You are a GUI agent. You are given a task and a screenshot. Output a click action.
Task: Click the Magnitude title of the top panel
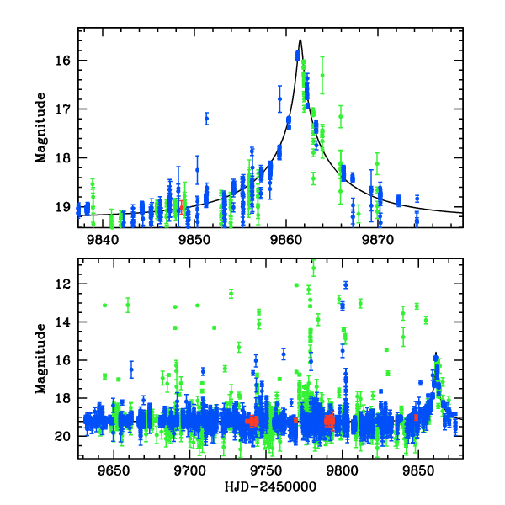tap(40, 128)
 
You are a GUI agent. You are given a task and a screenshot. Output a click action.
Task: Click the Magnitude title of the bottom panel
tap(40, 359)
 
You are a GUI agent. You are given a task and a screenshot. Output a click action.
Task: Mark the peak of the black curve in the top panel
tap(300, 40)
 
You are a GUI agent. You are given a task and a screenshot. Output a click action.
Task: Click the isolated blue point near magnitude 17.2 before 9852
tap(206, 119)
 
